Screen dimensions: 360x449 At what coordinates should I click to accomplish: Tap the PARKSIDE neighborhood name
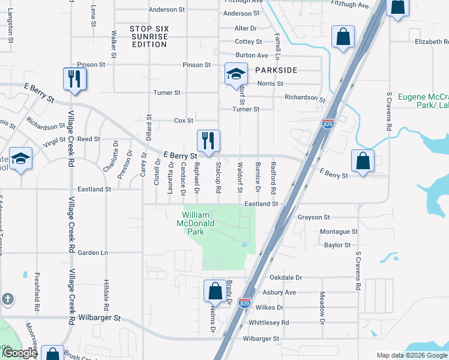(x=276, y=70)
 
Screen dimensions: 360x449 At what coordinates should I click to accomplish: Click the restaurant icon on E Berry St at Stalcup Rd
(x=209, y=142)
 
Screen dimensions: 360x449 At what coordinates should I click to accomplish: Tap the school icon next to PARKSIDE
(x=236, y=75)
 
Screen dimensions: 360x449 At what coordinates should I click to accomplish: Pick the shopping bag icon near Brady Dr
(x=215, y=292)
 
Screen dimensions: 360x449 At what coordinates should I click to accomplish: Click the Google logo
(x=20, y=353)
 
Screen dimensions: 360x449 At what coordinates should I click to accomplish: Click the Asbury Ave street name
(x=280, y=293)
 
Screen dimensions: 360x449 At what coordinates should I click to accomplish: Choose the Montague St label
(x=339, y=232)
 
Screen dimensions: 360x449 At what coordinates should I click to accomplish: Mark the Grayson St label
(x=314, y=217)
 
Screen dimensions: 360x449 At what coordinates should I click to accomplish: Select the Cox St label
(x=183, y=121)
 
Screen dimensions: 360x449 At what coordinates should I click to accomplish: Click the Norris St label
(x=270, y=83)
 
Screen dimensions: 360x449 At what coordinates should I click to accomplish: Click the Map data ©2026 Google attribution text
(x=411, y=355)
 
